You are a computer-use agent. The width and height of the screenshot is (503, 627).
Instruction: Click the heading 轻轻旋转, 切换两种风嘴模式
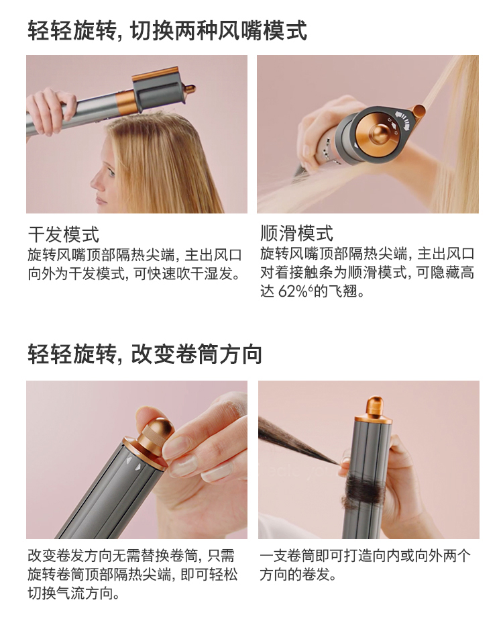point(167,30)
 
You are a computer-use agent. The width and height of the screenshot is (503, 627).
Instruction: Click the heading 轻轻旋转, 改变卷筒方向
point(145,354)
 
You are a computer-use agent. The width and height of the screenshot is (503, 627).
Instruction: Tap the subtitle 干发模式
point(64,234)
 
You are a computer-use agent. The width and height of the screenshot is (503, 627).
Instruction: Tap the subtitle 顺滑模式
point(296,233)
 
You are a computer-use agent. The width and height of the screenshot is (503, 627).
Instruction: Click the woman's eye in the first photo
point(111,173)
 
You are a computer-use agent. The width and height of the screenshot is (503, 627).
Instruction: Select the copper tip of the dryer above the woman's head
point(190,87)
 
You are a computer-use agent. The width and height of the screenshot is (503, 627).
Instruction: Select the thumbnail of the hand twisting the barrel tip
point(137,459)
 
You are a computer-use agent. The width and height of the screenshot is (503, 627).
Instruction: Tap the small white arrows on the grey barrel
point(133,463)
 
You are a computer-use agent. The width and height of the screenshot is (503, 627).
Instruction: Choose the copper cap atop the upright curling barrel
point(374,409)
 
